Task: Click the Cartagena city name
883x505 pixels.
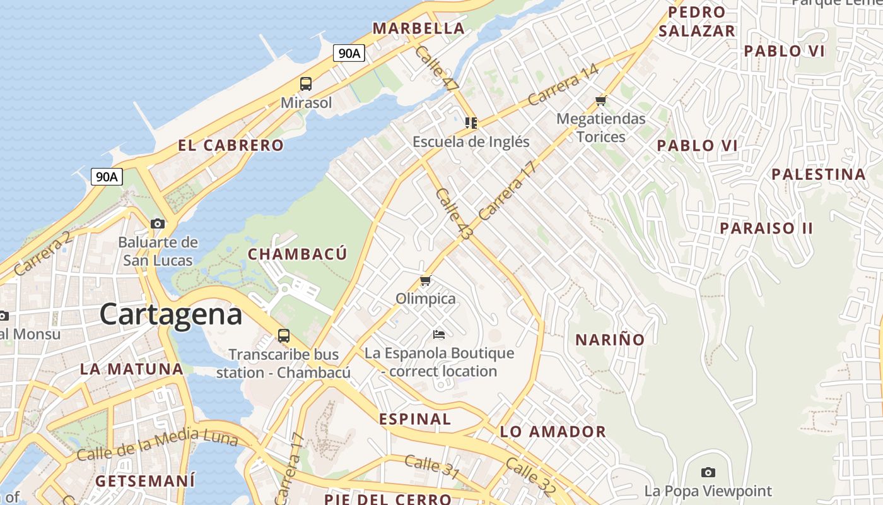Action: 170,314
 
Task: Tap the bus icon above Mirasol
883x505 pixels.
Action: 306,83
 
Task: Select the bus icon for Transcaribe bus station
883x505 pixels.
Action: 284,335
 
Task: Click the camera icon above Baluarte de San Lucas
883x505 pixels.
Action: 158,223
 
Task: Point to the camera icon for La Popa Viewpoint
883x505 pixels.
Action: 708,472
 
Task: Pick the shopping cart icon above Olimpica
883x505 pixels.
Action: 425,280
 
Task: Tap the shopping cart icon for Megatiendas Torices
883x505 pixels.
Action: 600,100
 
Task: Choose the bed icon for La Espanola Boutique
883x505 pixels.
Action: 439,334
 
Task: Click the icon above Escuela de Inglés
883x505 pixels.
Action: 471,122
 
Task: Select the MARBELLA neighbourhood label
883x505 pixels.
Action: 418,28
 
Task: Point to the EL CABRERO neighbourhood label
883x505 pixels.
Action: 231,145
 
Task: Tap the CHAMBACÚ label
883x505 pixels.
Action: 297,254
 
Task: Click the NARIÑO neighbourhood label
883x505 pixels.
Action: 610,340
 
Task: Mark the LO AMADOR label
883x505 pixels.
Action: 553,432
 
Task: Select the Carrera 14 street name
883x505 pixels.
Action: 563,86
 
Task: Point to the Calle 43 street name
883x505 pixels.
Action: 453,214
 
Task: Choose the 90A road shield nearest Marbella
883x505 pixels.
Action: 349,53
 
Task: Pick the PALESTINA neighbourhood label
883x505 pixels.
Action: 819,174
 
